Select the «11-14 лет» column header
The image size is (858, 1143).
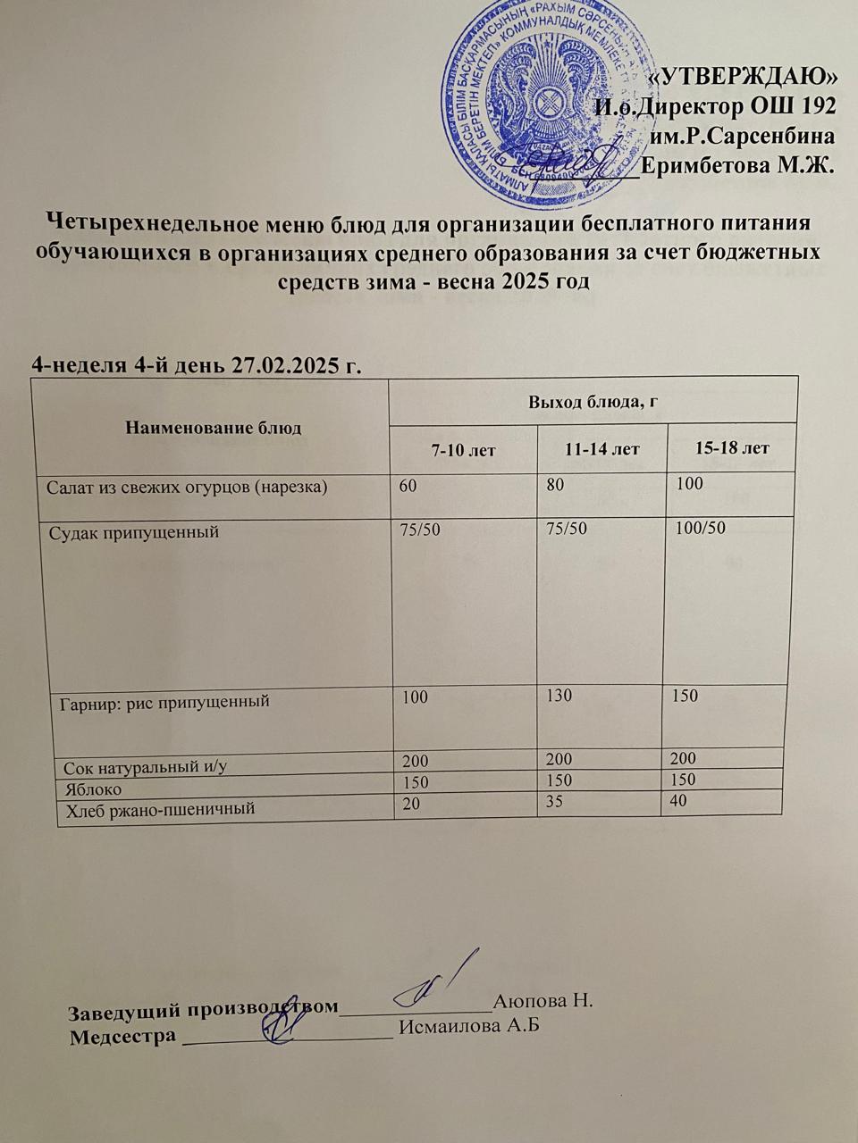pyautogui.click(x=601, y=448)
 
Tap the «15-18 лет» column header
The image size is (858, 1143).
pyautogui.click(x=732, y=446)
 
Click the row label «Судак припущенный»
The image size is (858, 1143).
pyautogui.click(x=133, y=533)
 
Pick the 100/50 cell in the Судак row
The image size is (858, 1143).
pyautogui.click(x=702, y=528)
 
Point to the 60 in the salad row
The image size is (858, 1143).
pyautogui.click(x=410, y=484)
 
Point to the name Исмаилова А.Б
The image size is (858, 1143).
pyautogui.click(x=470, y=1025)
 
